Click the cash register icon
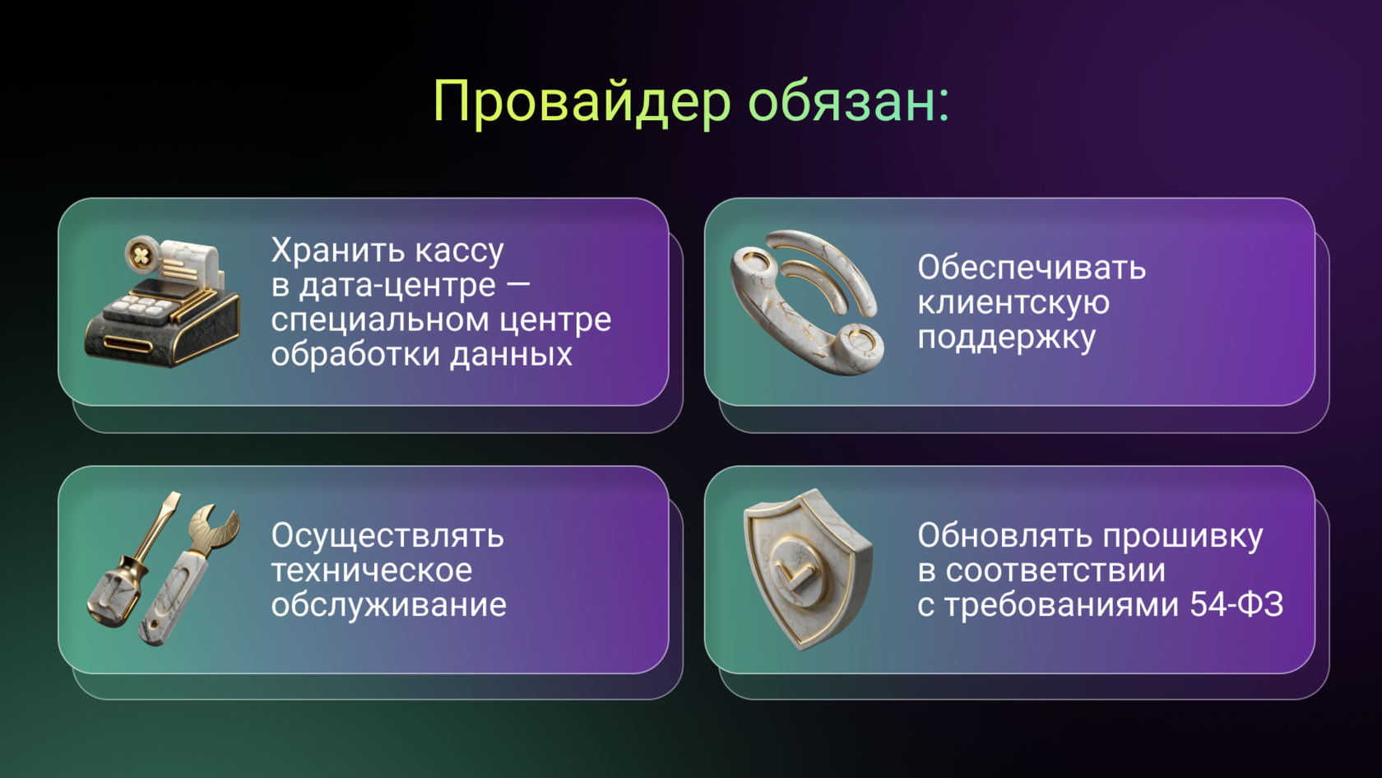(x=163, y=302)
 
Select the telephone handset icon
(x=806, y=302)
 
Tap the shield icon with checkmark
(x=805, y=568)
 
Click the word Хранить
(x=337, y=250)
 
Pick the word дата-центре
(x=397, y=285)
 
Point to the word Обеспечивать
(x=1032, y=268)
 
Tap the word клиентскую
(x=1013, y=302)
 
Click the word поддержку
(x=1007, y=338)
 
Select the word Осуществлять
(x=387, y=536)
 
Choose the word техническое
(x=372, y=571)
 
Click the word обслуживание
(x=388, y=605)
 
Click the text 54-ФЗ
(x=1236, y=605)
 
